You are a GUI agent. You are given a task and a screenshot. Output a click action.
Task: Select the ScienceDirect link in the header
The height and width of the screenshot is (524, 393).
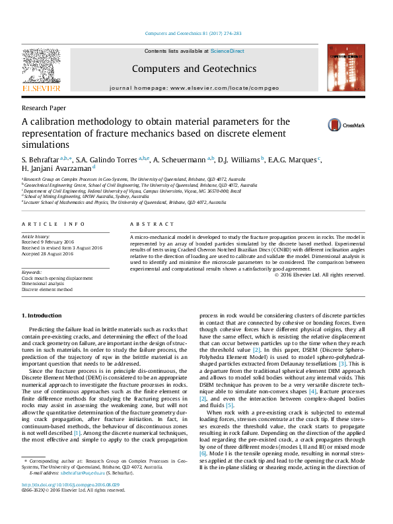point(227,51)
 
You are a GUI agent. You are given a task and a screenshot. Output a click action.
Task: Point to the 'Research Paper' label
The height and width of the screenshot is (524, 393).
point(44,107)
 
